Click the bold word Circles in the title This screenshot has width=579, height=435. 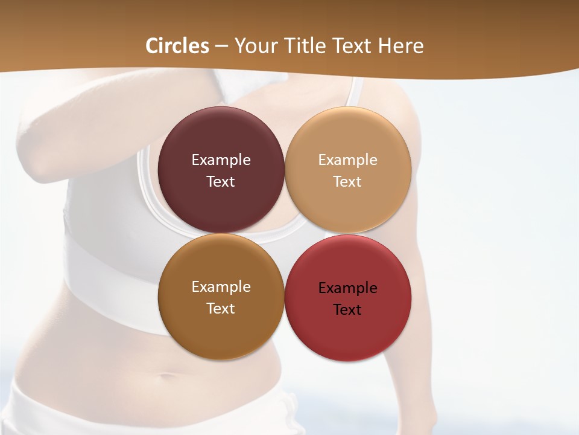177,45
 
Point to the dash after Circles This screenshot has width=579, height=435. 221,47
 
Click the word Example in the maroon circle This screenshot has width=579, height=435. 221,160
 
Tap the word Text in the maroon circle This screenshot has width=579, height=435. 221,182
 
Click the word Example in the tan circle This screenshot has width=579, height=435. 348,160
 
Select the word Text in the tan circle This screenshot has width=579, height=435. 348,182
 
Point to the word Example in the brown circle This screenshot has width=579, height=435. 221,287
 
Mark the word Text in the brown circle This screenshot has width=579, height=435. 221,309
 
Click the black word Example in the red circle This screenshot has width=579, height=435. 348,288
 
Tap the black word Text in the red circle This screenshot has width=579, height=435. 348,310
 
